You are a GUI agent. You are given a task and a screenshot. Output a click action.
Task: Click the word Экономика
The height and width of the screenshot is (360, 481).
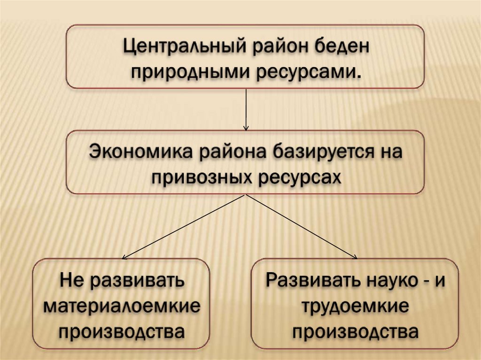pos(139,153)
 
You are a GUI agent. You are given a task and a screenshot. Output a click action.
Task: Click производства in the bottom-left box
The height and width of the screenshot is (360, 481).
pos(121,331)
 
